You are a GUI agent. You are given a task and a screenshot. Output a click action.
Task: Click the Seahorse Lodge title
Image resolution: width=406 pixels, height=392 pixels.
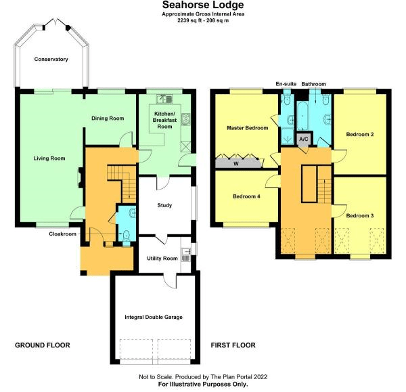click(x=203, y=5)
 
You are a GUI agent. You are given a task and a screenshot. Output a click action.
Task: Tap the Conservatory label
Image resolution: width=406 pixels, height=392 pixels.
click(x=51, y=60)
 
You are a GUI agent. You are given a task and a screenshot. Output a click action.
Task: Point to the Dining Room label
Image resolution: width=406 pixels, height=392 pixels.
click(x=108, y=118)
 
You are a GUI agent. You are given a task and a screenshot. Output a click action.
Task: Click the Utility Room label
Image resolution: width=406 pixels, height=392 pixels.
click(x=162, y=259)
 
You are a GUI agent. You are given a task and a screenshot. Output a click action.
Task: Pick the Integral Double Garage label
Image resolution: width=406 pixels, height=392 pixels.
click(x=154, y=317)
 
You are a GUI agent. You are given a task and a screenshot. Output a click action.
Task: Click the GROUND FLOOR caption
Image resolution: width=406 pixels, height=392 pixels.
click(x=43, y=345)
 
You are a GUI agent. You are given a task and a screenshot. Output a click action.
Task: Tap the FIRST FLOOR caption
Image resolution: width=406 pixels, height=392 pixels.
click(x=233, y=345)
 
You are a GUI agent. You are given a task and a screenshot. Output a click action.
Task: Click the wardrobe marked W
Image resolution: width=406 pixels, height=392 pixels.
click(x=236, y=162)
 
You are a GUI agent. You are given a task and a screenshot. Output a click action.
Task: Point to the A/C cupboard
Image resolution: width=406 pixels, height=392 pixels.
click(x=304, y=139)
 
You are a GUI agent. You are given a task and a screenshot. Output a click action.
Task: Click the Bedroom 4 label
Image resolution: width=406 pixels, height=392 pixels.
click(x=246, y=197)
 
